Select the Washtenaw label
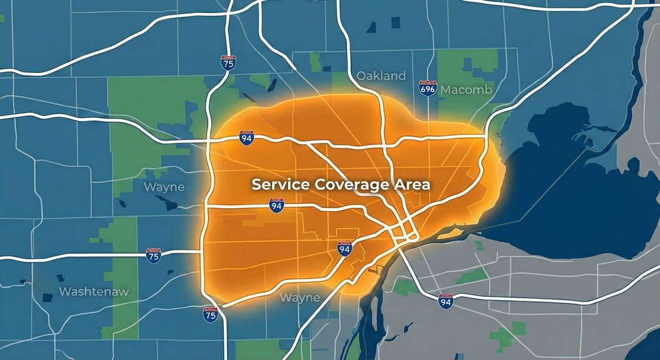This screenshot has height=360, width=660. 93,291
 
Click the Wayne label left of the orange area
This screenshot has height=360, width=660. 164,187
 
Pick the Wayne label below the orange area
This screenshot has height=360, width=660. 300,297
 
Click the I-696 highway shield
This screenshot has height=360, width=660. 427,88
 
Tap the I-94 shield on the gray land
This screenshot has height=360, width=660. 446,301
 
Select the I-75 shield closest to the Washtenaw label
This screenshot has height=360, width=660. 154,256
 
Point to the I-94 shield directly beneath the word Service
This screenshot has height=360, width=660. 277,206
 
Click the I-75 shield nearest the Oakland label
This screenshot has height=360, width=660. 228,62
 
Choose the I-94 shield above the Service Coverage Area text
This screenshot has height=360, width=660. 247,137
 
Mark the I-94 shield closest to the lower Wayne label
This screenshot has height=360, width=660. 345,249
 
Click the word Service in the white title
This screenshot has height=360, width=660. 280,185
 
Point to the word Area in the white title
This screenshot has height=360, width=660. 411,185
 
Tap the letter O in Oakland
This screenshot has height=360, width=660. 362,75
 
